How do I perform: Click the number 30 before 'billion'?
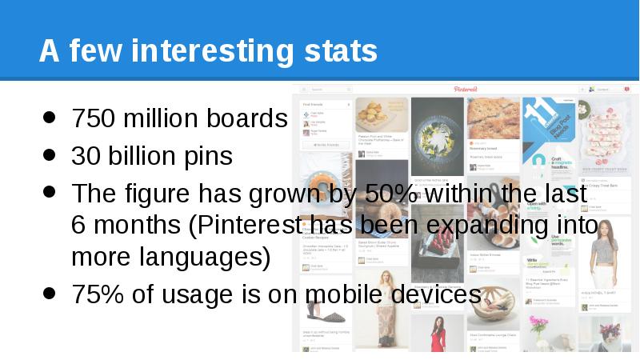tap(82, 156)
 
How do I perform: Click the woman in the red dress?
tap(436, 332)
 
